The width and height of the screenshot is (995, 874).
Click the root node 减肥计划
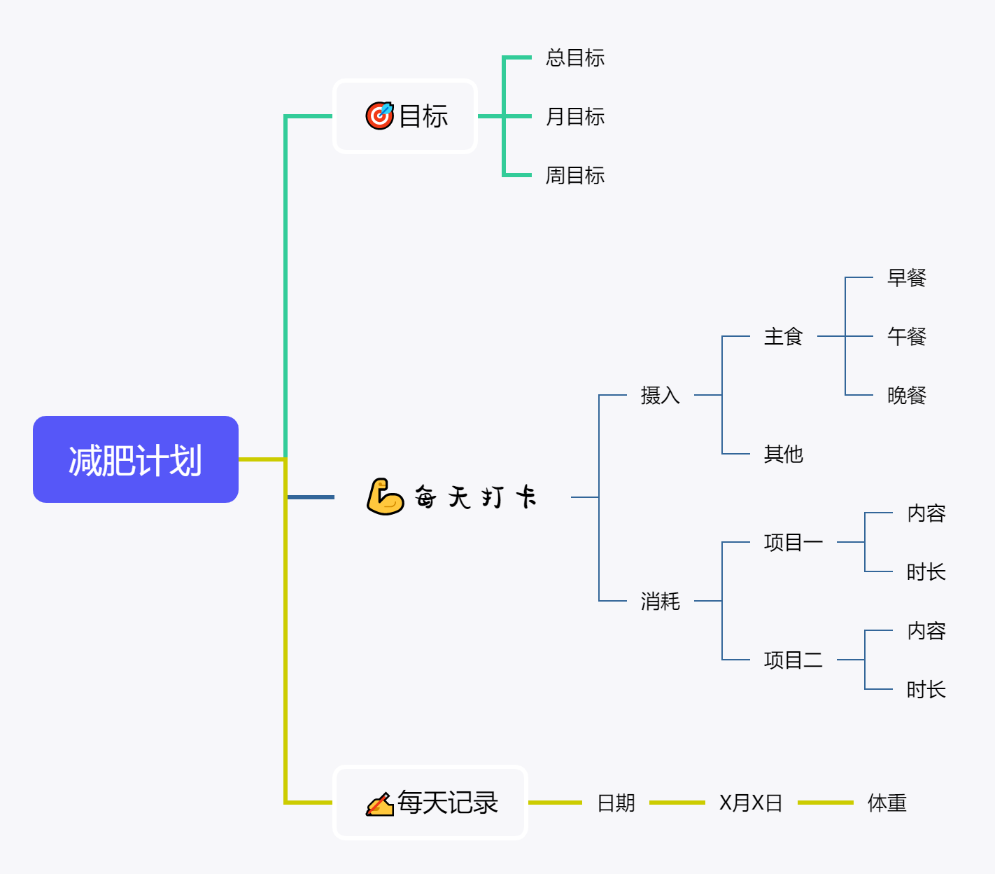pos(136,459)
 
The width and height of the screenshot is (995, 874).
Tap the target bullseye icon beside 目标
pos(379,116)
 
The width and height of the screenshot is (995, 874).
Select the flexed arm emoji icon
pos(385,497)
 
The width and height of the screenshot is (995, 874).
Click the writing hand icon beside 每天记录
pos(379,803)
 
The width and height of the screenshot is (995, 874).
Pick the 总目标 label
pos(575,57)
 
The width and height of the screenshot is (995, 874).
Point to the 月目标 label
pos(575,116)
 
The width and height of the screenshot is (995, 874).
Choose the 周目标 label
pos(575,175)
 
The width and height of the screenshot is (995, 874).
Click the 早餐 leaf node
pos(906,278)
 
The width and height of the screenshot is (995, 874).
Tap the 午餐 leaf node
pos(906,337)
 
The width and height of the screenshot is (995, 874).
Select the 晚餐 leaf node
pos(906,396)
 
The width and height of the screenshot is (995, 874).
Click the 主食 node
pos(783,337)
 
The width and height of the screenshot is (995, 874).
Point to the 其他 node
pos(783,455)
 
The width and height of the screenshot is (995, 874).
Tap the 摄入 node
pos(660,396)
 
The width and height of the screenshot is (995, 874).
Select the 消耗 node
pos(660,601)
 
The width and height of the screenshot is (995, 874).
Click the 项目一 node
pos(793,542)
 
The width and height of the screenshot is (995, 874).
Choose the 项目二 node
pos(793,660)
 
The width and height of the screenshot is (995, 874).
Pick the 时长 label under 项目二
pos(926,690)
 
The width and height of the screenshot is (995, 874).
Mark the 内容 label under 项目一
pos(926,513)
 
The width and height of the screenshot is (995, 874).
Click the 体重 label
pos(887,803)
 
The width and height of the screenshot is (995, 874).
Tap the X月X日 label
pos(751,803)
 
